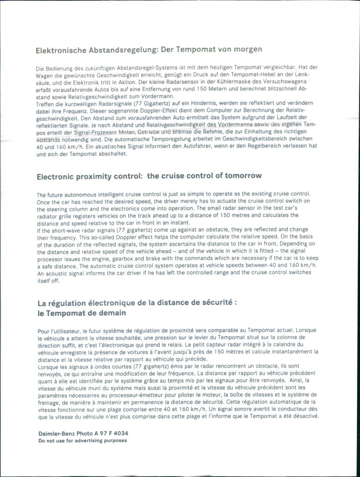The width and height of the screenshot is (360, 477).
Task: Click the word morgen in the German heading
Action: [x=247, y=49]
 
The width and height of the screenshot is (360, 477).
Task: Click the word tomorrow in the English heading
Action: [x=242, y=175]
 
